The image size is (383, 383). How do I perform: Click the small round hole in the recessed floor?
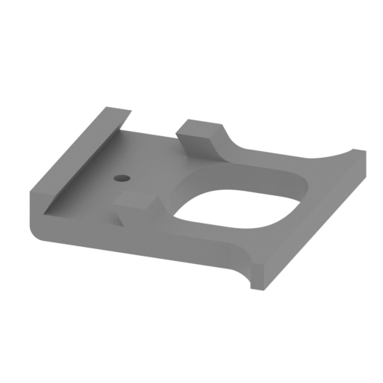[120, 179]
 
